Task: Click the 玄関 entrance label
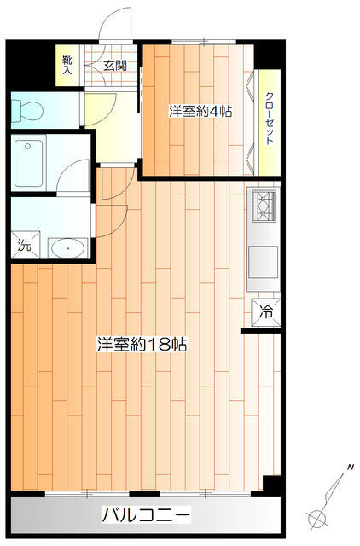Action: [x=115, y=66]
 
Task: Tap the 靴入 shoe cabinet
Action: [x=67, y=66]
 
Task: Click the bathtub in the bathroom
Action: [x=28, y=163]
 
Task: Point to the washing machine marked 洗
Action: [x=25, y=245]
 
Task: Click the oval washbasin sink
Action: [x=68, y=248]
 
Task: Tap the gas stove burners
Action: [x=263, y=206]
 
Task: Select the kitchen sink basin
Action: [x=264, y=262]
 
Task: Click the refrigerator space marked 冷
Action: [x=266, y=312]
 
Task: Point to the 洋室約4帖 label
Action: [x=200, y=112]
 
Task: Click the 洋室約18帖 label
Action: [x=142, y=345]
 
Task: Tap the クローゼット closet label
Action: [x=270, y=119]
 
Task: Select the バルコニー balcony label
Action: [x=146, y=514]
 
